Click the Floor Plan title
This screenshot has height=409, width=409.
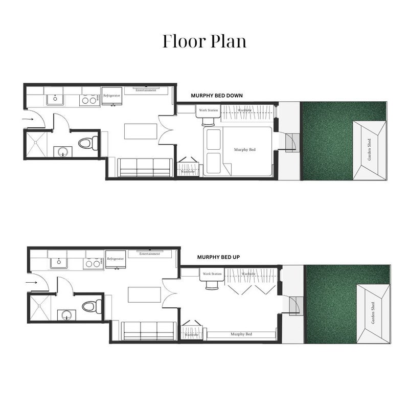pyautogui.click(x=204, y=41)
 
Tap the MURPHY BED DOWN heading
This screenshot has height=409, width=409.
pyautogui.click(x=216, y=96)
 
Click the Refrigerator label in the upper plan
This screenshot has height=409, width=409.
pyautogui.click(x=111, y=96)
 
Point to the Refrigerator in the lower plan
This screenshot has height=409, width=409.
pyautogui.click(x=116, y=259)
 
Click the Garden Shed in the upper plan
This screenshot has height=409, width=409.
pyautogui.click(x=370, y=150)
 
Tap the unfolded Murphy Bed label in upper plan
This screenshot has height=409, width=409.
pyautogui.click(x=244, y=149)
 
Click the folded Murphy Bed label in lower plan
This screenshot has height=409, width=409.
pyautogui.click(x=241, y=334)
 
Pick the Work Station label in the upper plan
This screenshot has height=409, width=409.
pyautogui.click(x=208, y=110)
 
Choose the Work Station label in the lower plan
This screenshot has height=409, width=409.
pyautogui.click(x=212, y=274)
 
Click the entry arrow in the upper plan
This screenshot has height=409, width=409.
pyautogui.click(x=28, y=119)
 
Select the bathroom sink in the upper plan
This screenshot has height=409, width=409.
pyautogui.click(x=63, y=152)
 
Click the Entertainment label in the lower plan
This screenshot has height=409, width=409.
pyautogui.click(x=150, y=254)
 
